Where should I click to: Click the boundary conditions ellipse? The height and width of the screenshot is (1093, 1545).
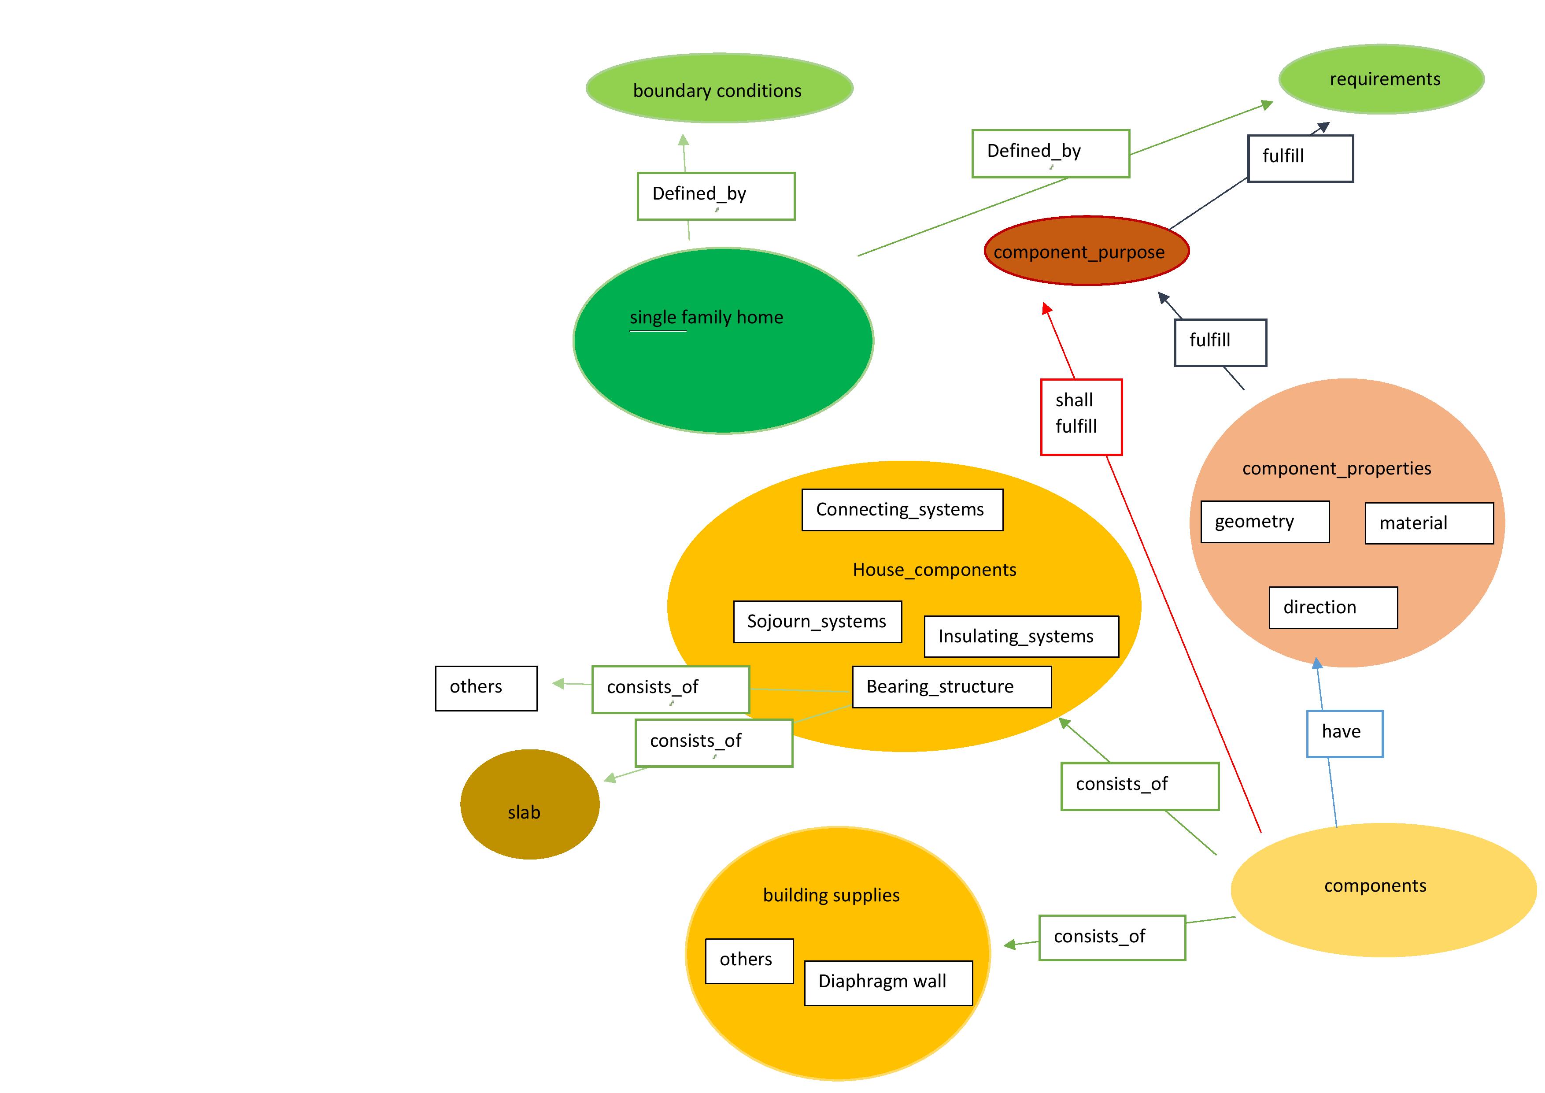tap(719, 88)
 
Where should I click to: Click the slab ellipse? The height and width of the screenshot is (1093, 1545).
tap(529, 804)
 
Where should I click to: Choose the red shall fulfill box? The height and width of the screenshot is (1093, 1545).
tap(1081, 417)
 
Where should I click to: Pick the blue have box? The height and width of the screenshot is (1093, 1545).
tap(1345, 734)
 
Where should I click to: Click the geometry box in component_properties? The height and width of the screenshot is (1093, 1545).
tap(1265, 522)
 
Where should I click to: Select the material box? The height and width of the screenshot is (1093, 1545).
tap(1429, 523)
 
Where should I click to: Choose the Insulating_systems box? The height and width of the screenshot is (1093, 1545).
tap(1021, 637)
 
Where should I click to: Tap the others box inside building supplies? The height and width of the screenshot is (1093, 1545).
tap(750, 961)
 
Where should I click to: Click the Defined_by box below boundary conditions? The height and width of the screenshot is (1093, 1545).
tap(716, 196)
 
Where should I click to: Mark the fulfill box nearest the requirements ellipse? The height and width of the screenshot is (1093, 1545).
tap(1300, 158)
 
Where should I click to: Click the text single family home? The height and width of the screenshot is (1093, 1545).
tap(706, 317)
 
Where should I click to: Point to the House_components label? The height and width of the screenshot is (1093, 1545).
tap(934, 570)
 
